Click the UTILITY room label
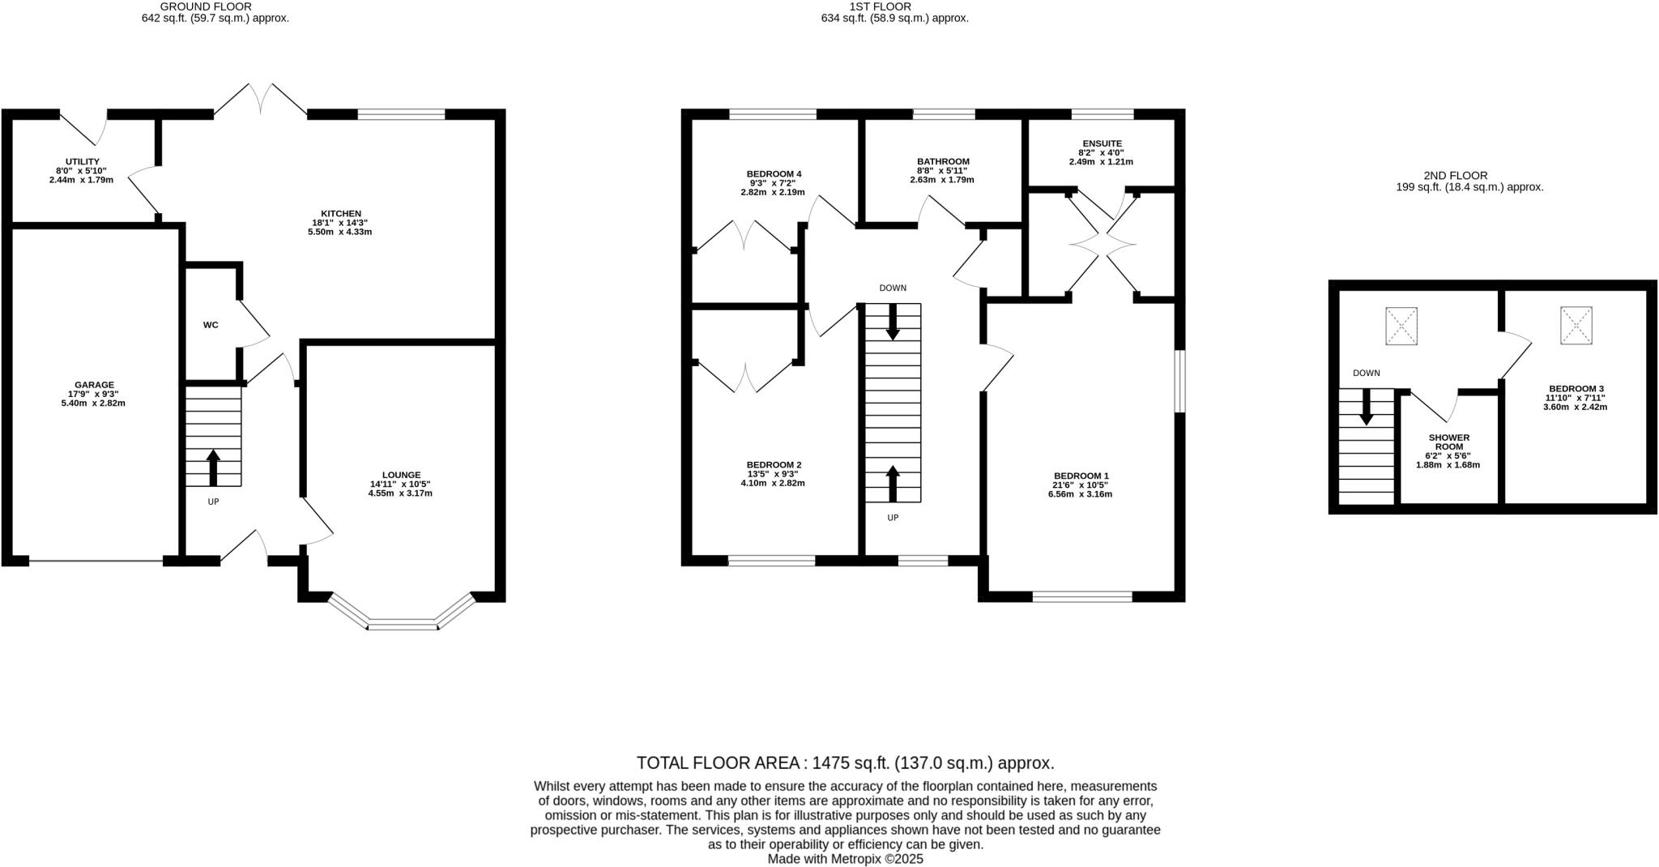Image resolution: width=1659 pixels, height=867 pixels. pos(82,162)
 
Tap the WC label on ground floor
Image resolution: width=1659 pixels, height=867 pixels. pos(211,325)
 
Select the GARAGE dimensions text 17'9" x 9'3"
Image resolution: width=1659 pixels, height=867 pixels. pos(94,394)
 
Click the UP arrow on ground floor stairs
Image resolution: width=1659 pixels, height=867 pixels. pos(214,468)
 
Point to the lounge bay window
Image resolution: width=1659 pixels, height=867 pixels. pos(403,623)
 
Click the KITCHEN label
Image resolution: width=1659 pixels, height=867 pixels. pos(341,214)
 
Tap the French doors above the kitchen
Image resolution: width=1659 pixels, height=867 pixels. pos(260,99)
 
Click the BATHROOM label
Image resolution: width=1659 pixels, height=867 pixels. pos(943,161)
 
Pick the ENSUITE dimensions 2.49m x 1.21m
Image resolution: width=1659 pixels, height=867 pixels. pos(1101,162)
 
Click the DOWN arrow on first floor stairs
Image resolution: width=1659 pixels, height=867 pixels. pos(893,322)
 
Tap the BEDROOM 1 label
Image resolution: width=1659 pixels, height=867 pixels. pos(1081,476)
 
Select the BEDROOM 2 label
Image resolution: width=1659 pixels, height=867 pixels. pos(774,465)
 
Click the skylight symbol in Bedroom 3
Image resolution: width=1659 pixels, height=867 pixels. pos(1576,325)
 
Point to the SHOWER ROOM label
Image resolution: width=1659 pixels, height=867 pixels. pos(1448,442)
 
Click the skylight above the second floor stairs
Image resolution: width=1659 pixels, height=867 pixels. pos(1401,326)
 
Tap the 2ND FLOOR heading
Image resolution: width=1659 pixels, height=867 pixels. pos(1455,175)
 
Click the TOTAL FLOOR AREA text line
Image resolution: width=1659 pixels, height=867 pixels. pos(845,762)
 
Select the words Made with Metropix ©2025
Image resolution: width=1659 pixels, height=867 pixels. pos(845,859)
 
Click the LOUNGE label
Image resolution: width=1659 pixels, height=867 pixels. pos(401,475)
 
